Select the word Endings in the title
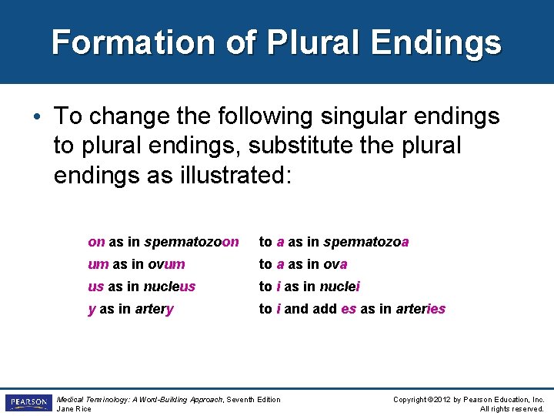click(436, 42)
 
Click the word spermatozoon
click(192, 242)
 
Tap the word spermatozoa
click(366, 242)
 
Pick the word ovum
click(166, 264)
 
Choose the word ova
click(335, 264)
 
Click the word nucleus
click(170, 287)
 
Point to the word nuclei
click(339, 287)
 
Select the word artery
click(155, 309)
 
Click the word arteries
click(420, 309)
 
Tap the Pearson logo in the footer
click(28, 403)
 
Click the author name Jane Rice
click(74, 408)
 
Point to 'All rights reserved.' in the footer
click(512, 408)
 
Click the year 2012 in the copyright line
click(445, 399)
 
